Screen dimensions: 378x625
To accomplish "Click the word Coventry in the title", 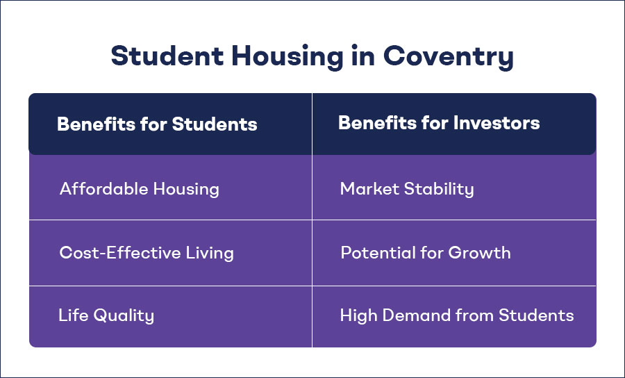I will [449, 56].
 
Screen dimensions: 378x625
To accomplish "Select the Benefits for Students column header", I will [157, 124].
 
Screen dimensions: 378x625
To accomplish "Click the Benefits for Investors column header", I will [439, 123].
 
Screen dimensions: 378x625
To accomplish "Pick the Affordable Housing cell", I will [140, 188].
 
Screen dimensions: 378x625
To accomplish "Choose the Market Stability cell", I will [407, 188].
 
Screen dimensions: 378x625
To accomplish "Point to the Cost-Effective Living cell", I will [147, 252].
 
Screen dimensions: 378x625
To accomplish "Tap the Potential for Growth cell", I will [425, 252].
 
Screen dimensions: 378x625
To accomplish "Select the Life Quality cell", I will [106, 315].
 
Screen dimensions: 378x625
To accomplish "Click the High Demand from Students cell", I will [457, 315].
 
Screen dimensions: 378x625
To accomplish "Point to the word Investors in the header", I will [497, 123].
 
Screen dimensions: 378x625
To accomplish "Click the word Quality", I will [125, 315].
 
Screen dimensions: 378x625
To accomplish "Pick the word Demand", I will [411, 315].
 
